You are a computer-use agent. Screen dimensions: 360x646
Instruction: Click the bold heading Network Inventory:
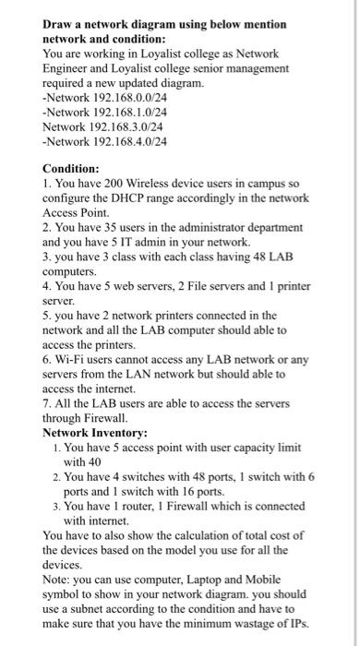pos(97,432)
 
